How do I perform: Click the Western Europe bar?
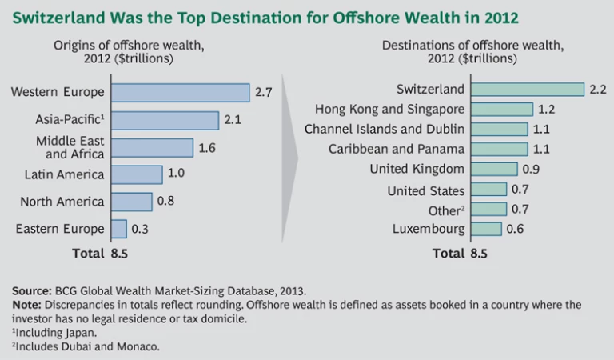coord(180,92)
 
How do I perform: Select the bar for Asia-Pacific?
coord(165,120)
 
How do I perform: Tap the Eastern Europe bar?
coord(119,229)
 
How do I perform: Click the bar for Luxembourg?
coord(486,229)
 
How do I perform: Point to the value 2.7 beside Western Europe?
coord(264,93)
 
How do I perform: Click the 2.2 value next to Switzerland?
coord(599,89)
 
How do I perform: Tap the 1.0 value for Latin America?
coord(177,174)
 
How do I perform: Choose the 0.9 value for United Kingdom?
coord(532,169)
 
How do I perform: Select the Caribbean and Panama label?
coord(397,149)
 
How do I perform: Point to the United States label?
coord(425,190)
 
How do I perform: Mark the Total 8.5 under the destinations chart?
coord(459,254)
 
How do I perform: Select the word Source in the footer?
coord(32,291)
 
